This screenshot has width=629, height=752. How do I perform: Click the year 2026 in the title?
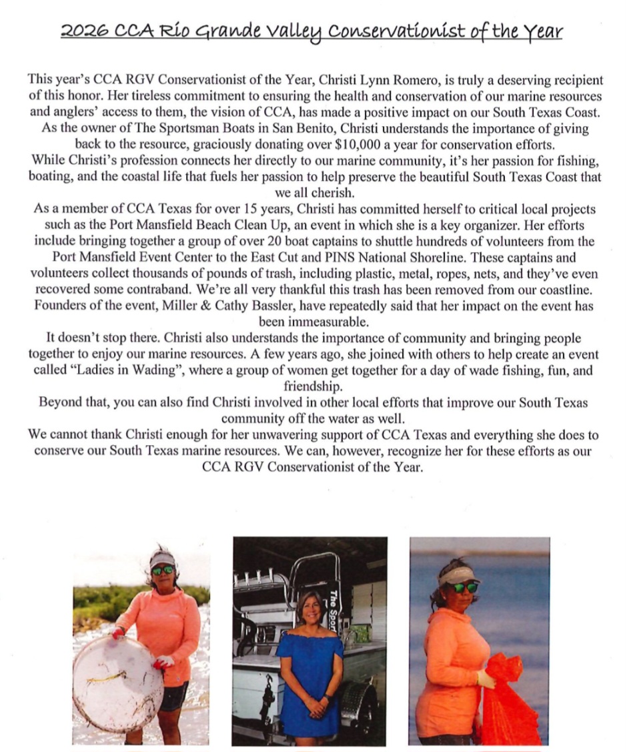tap(78, 31)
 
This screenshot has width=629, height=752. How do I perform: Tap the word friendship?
tap(314, 386)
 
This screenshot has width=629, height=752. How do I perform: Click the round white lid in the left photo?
tap(117, 683)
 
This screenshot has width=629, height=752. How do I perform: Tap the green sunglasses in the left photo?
tap(162, 570)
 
